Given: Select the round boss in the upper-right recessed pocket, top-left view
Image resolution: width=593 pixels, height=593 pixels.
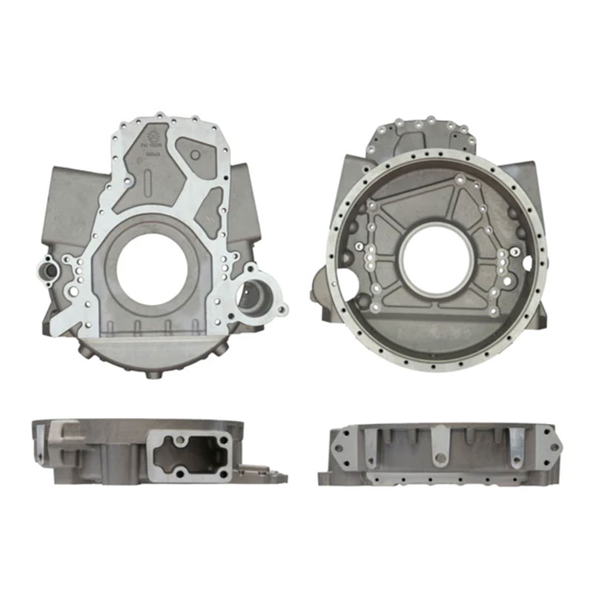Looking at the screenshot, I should pyautogui.click(x=195, y=155).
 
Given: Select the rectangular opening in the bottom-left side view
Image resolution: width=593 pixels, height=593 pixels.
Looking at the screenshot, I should pyautogui.click(x=188, y=453).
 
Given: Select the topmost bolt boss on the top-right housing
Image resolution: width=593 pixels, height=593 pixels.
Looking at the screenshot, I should pyautogui.click(x=430, y=119).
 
